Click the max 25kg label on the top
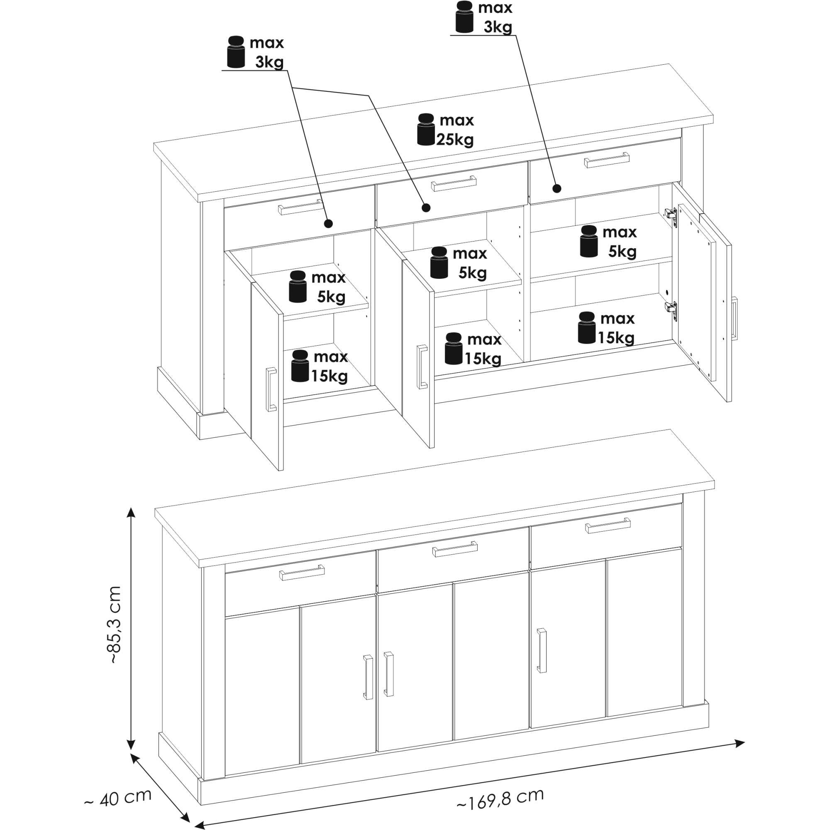455,130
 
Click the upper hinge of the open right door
671,215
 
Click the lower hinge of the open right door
671,308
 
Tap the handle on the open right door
735,318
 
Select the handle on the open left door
271,390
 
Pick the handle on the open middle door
422,367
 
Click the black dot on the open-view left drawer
329,223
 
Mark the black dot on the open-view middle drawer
426,208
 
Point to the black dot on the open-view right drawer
557,188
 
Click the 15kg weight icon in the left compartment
300,366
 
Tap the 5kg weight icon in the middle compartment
439,263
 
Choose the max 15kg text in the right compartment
617,328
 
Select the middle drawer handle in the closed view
455,549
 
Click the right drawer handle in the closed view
608,525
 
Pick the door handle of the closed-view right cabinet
542,650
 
